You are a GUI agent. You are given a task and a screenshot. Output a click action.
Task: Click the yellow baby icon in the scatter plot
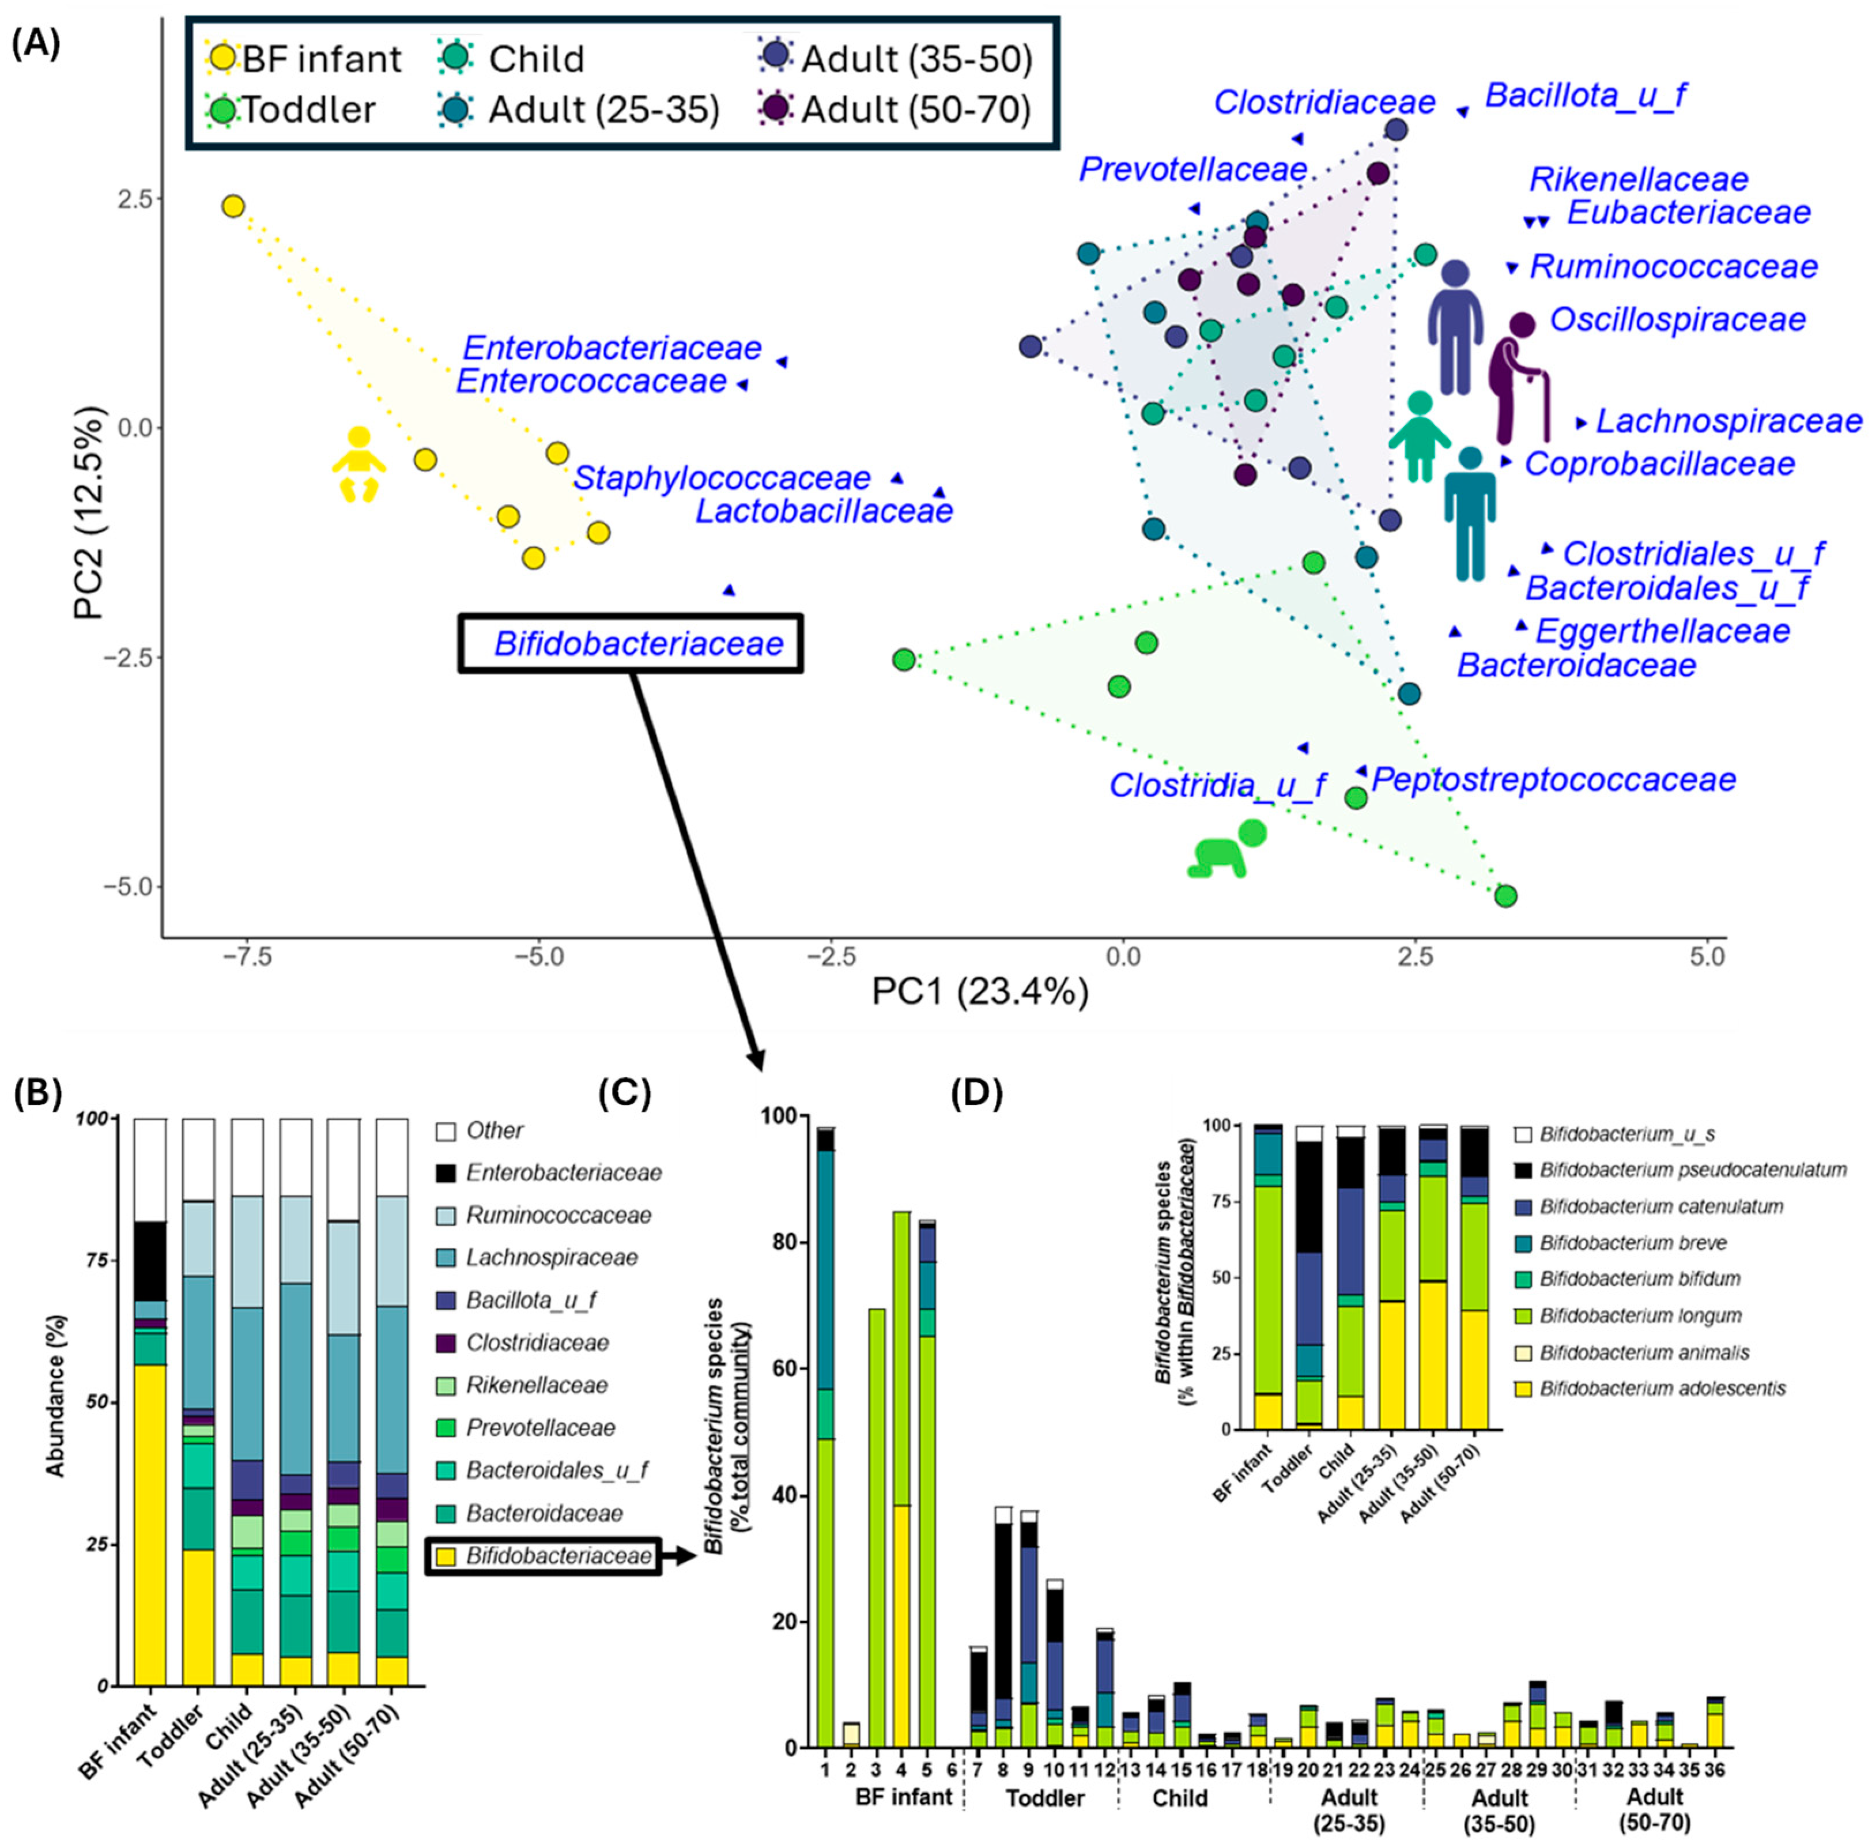(358, 464)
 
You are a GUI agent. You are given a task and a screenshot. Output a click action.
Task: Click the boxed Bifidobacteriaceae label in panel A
(631, 643)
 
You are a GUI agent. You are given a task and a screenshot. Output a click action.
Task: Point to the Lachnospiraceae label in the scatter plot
(1728, 421)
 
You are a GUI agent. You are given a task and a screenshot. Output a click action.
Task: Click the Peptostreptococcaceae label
(1553, 780)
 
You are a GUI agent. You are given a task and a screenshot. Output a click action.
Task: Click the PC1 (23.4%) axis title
(980, 991)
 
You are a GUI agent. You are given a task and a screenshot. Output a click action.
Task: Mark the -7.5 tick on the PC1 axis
(247, 957)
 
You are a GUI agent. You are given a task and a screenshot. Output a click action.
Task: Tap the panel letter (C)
(625, 1095)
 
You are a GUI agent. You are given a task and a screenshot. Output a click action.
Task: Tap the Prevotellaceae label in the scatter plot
(1193, 169)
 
